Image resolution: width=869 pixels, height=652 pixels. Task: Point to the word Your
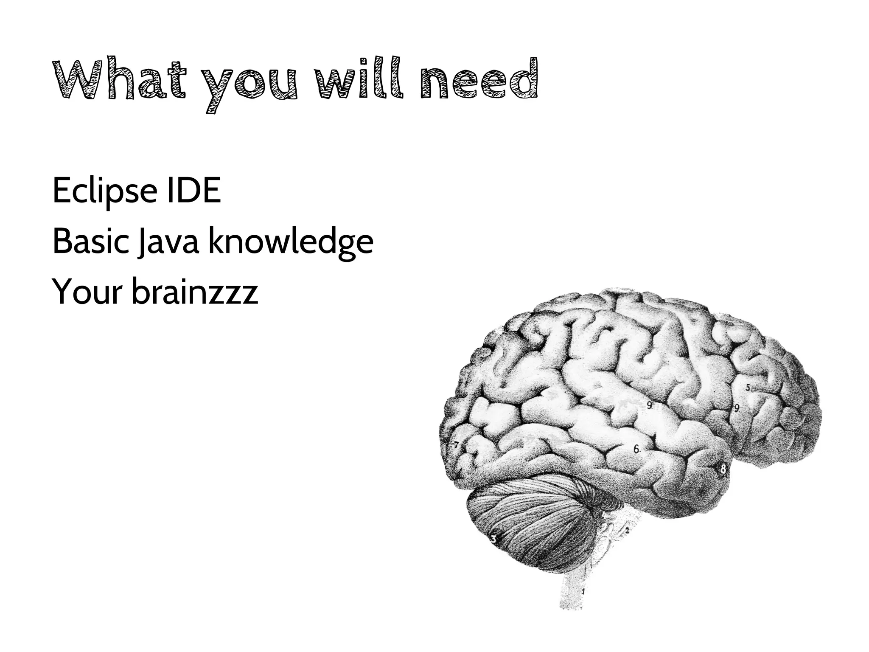(x=87, y=292)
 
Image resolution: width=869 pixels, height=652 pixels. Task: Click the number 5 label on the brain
(x=748, y=387)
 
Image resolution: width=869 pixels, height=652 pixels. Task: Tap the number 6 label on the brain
(x=636, y=449)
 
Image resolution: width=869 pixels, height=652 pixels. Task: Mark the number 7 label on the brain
(x=456, y=445)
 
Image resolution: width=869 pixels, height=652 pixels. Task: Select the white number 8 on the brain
(x=723, y=469)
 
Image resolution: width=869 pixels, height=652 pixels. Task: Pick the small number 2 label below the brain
(x=626, y=530)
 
